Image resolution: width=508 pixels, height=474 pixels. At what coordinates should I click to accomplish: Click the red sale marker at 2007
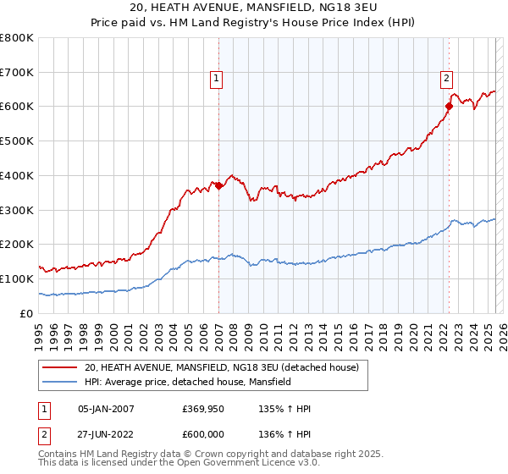[x=218, y=185]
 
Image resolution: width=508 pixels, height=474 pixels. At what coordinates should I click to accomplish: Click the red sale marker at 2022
[x=450, y=106]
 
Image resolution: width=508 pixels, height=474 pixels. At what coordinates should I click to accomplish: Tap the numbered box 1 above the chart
[x=217, y=79]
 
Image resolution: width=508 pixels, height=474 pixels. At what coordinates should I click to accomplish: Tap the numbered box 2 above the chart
[x=446, y=79]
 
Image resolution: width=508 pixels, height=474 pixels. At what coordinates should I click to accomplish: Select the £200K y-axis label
[x=17, y=245]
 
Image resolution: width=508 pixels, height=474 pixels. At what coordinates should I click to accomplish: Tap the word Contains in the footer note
[x=58, y=455]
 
